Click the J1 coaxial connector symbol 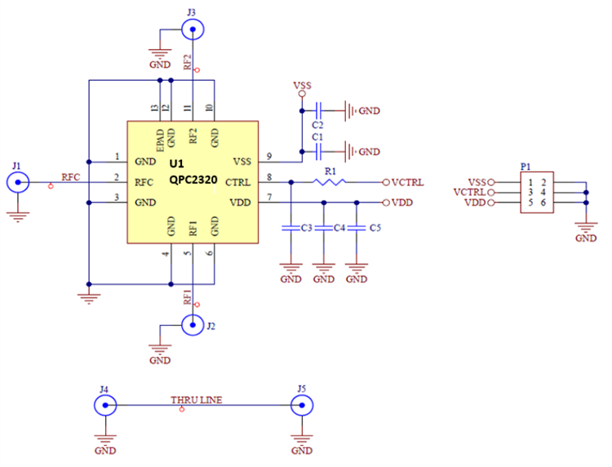(x=17, y=181)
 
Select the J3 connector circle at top (x=193, y=30)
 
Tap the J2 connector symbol (x=193, y=326)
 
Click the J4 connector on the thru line (x=105, y=405)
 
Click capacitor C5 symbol (x=357, y=228)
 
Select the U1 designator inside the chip (x=177, y=163)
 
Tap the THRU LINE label (x=196, y=400)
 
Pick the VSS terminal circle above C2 (x=302, y=95)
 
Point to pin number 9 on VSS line (x=268, y=156)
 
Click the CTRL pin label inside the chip (x=237, y=182)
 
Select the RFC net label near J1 (x=71, y=176)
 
